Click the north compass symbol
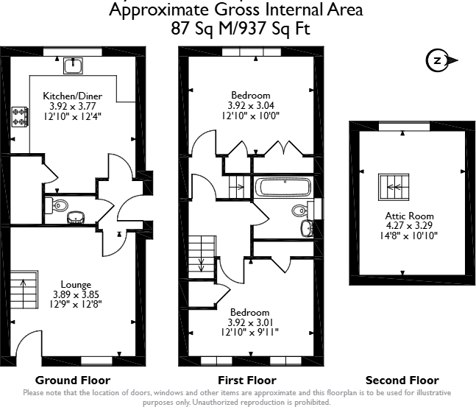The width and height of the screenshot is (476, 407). click(440, 61)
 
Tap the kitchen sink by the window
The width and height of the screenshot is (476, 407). click(73, 67)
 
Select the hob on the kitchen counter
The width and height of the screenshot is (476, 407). click(20, 116)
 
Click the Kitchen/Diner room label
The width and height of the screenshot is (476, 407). click(72, 96)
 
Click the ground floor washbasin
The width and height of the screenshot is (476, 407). click(76, 218)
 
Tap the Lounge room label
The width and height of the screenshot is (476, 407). click(76, 284)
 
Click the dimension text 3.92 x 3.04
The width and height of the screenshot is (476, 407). click(251, 105)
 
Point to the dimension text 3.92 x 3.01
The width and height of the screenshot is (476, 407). click(250, 322)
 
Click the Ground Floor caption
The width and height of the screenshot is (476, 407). click(73, 381)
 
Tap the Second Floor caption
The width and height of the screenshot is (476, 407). click(402, 381)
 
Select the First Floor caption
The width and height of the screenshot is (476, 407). click(248, 381)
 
